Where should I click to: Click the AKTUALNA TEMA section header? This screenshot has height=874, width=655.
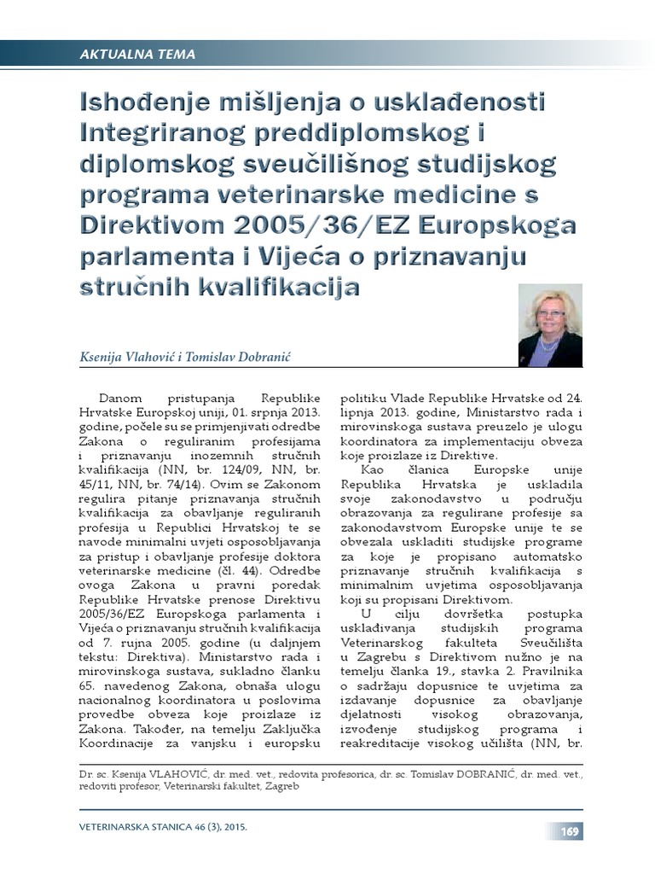tap(137, 55)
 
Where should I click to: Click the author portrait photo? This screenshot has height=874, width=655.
tap(550, 326)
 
